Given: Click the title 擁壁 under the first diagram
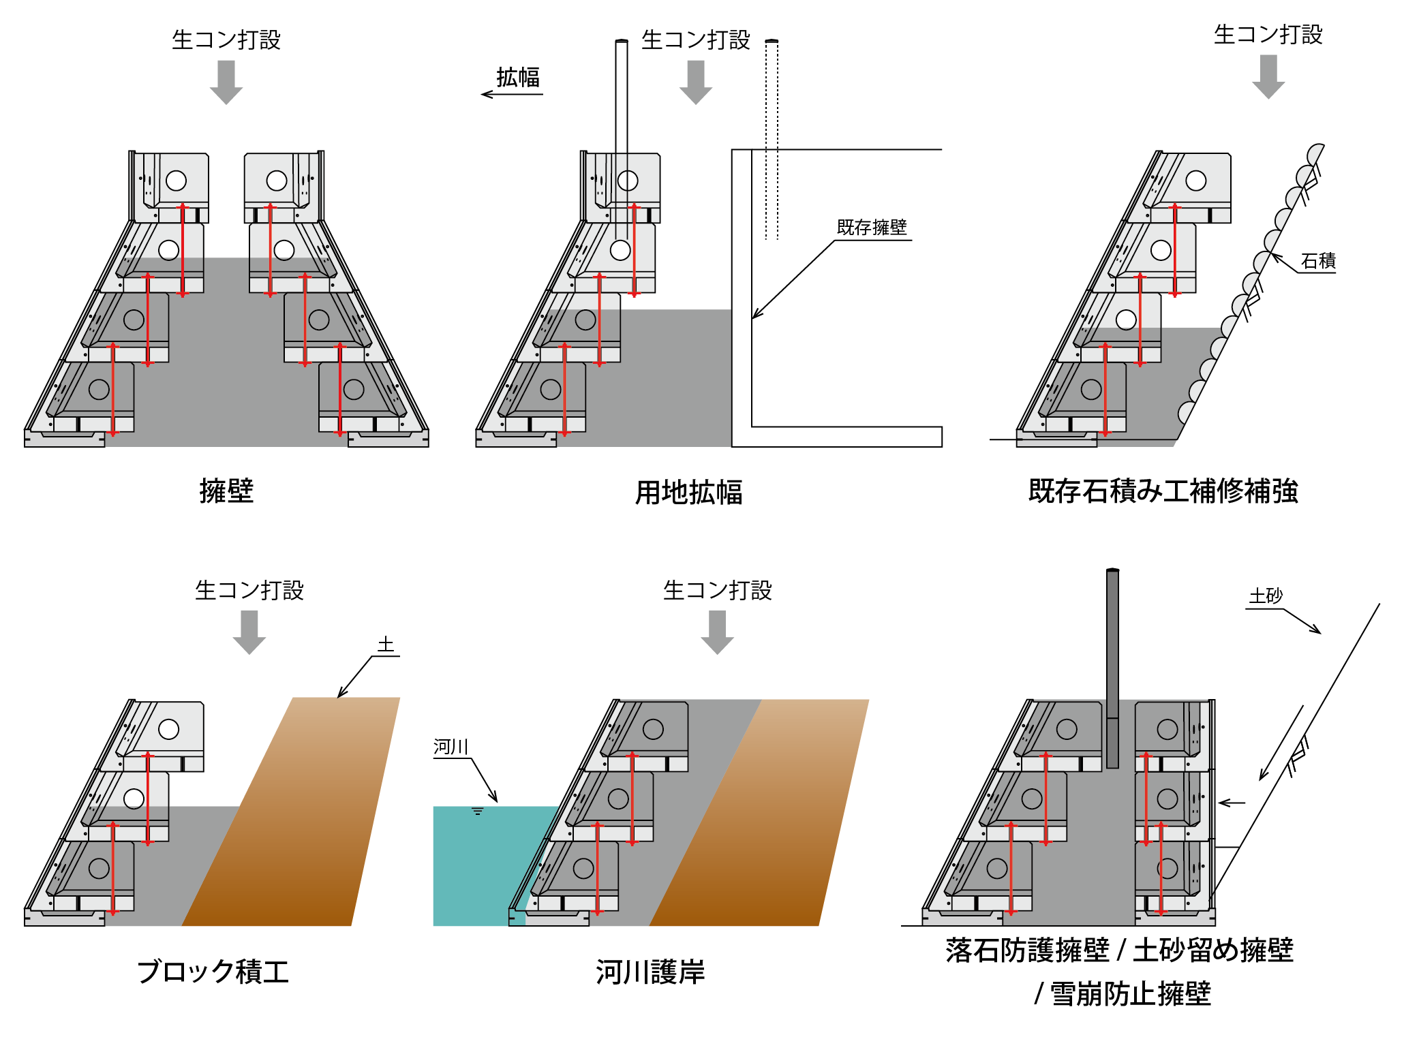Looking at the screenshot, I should [226, 491].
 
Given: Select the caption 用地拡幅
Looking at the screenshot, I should [688, 492].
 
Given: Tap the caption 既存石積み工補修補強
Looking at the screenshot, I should [1163, 491].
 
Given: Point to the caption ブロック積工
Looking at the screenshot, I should [213, 972].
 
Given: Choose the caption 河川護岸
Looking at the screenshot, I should [650, 972].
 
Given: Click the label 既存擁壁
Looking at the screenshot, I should [872, 228].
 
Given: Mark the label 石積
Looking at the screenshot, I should [1317, 261].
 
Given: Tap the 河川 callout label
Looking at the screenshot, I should [451, 747].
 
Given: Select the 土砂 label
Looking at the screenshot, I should [1266, 596].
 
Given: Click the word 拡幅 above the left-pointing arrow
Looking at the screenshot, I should [518, 78].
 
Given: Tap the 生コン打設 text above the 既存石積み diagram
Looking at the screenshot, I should [1268, 35].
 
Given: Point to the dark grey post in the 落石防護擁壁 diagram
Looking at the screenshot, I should [1112, 668].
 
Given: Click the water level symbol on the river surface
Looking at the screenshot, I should [478, 811].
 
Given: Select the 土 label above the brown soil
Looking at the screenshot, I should [386, 645].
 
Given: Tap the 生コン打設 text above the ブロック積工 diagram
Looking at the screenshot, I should [249, 590].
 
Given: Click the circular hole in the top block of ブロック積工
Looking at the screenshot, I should [169, 729].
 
